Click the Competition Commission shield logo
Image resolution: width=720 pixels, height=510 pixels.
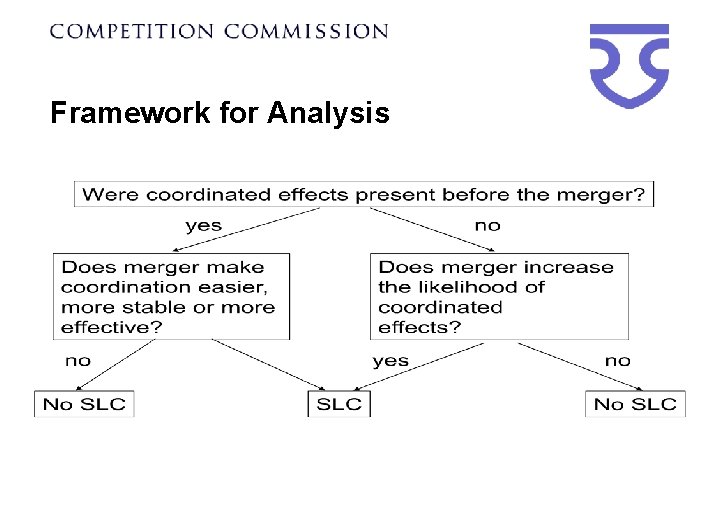628,65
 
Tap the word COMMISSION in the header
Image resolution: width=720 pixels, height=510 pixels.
306,31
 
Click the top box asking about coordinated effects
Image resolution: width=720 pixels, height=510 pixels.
364,194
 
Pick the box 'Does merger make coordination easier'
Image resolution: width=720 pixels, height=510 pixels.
171,296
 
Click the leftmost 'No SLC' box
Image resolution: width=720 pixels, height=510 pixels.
84,404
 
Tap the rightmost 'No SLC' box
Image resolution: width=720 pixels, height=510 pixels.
635,404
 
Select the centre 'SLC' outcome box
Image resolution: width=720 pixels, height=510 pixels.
338,404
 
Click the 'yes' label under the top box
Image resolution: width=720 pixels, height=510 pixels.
204,225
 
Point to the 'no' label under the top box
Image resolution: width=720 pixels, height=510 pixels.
487,225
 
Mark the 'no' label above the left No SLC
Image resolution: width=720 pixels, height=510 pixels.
77,360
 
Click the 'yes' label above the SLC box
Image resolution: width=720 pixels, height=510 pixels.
390,360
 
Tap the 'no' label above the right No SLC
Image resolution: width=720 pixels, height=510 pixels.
618,360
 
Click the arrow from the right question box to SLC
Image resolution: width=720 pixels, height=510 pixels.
420,364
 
